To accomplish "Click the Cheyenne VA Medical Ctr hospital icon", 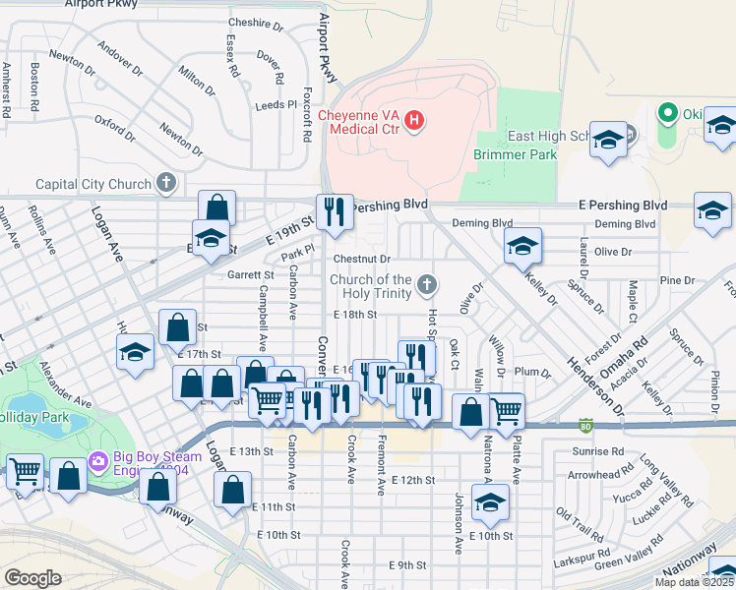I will tap(415, 121).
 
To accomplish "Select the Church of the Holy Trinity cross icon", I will tap(426, 285).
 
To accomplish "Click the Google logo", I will tap(32, 577).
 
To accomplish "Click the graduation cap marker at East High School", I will tap(609, 140).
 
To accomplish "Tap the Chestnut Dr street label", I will tap(356, 258).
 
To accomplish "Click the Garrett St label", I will tap(250, 275).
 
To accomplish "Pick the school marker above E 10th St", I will tap(490, 503).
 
